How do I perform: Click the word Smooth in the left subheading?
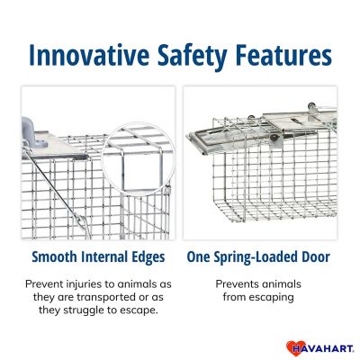click(58, 256)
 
